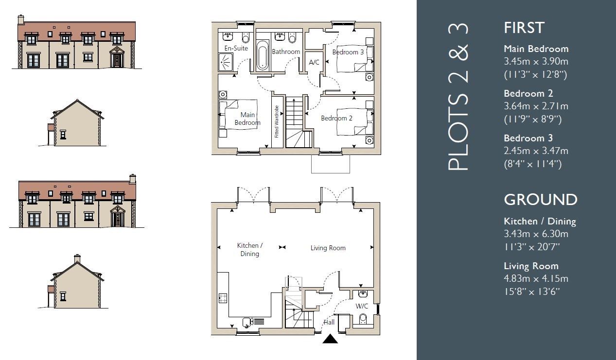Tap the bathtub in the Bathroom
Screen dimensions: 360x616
click(262, 56)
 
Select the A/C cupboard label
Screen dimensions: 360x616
click(314, 62)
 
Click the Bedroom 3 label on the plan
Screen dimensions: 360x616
click(348, 52)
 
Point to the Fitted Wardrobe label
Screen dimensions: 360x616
click(277, 121)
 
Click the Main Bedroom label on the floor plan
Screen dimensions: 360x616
click(247, 119)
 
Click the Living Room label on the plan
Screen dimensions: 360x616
click(328, 248)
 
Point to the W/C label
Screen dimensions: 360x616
click(361, 306)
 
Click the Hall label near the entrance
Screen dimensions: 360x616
click(329, 322)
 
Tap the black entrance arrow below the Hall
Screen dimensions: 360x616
click(330, 339)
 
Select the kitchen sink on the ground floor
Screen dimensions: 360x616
click(247, 321)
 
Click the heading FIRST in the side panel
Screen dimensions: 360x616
click(524, 28)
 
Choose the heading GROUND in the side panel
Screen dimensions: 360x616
click(540, 200)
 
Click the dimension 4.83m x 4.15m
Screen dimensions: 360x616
click(536, 278)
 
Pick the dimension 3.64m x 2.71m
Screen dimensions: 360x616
click(536, 106)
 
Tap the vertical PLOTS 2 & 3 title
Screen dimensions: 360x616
click(458, 97)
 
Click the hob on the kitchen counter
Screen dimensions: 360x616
click(223, 298)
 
